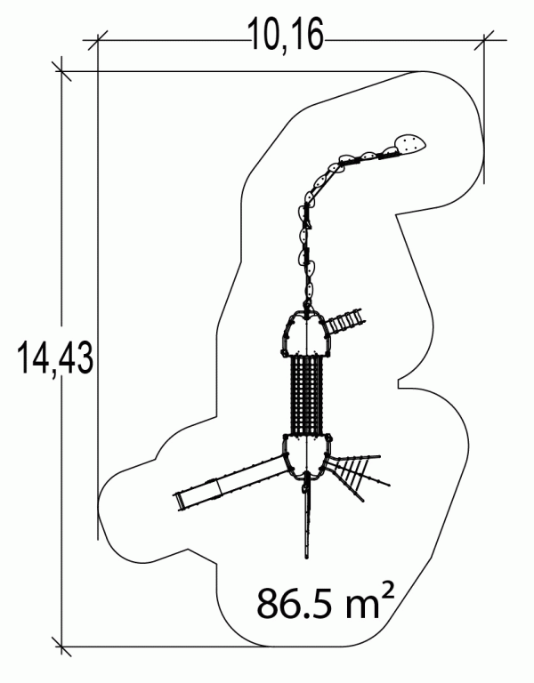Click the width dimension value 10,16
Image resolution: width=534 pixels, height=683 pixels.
pos(286,35)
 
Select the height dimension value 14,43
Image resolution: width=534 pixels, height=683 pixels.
pos(55,358)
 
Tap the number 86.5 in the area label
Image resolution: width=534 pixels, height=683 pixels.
pos(296,603)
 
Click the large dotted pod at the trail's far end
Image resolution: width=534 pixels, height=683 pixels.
pos(409,145)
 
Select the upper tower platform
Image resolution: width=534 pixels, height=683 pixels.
pos(307,333)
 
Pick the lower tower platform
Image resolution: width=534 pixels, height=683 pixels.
pos(307,456)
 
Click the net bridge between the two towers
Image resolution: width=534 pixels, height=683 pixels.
pos(307,395)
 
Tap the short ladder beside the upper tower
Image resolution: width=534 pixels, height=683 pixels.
pos(345,321)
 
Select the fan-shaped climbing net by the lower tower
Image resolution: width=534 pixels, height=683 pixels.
pos(359,475)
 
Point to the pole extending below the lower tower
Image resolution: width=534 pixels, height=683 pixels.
pos(307,518)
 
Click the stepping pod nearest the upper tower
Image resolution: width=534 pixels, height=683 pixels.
pos(309,289)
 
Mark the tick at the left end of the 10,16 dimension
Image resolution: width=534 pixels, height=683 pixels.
pos(97,41)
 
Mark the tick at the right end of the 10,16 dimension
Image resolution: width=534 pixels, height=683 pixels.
pos(484,41)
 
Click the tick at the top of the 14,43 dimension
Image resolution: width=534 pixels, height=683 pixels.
pos(61,71)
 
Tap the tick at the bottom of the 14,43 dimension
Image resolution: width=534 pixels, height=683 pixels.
pos(61,646)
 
